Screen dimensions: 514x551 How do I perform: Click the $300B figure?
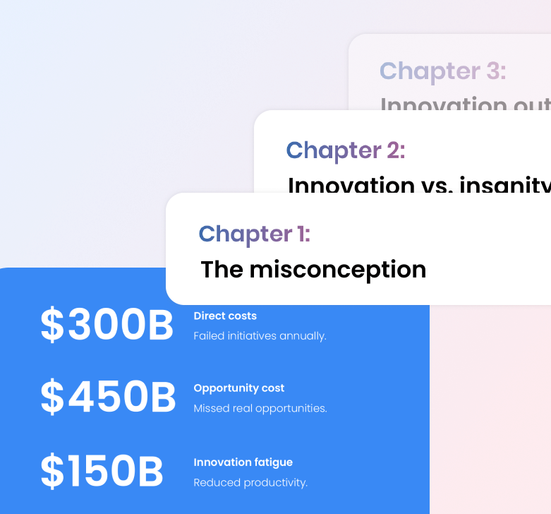pyautogui.click(x=107, y=325)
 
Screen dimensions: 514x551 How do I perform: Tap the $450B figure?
pyautogui.click(x=108, y=397)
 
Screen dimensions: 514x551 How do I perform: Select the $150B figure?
pyautogui.click(x=102, y=472)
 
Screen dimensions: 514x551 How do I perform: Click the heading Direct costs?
pyautogui.click(x=225, y=316)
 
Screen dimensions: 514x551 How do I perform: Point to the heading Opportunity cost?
pyautogui.click(x=239, y=388)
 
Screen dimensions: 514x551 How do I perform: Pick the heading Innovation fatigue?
pyautogui.click(x=243, y=462)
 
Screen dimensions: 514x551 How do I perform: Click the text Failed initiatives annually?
pyautogui.click(x=260, y=336)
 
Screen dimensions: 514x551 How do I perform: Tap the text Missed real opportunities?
pyautogui.click(x=260, y=408)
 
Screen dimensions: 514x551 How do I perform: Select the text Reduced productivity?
pyautogui.click(x=250, y=483)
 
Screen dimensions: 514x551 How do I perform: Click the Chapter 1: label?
pyautogui.click(x=254, y=234)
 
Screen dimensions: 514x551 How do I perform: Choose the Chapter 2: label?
pyautogui.click(x=345, y=150)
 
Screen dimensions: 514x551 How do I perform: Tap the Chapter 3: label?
pyautogui.click(x=442, y=71)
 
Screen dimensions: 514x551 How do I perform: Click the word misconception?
pyautogui.click(x=338, y=270)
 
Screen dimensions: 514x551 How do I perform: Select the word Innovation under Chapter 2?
pyautogui.click(x=351, y=186)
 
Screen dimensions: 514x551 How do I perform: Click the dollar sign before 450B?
pyautogui.click(x=52, y=397)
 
